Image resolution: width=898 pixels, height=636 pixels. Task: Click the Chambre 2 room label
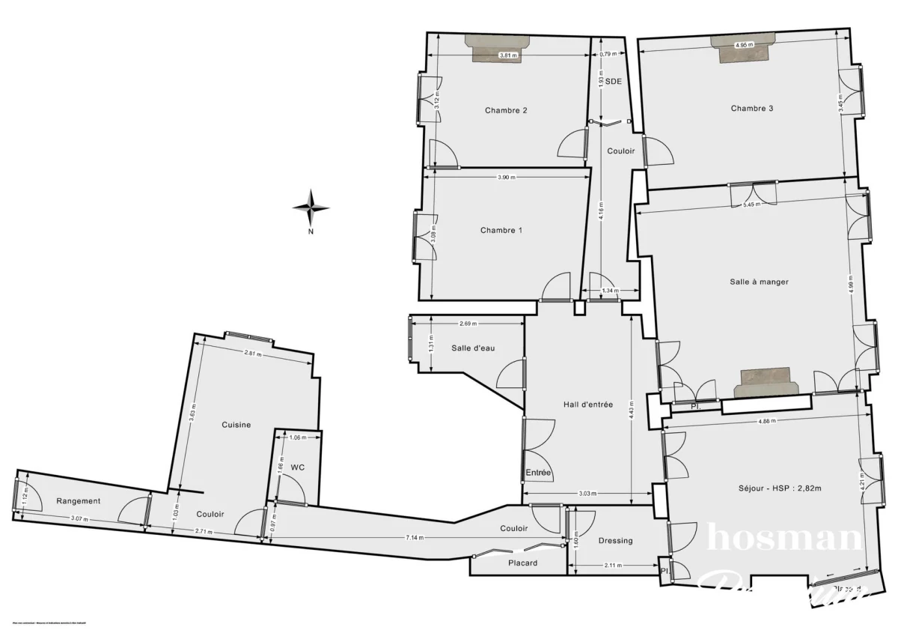point(506,111)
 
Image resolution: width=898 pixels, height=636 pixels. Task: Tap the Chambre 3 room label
point(752,109)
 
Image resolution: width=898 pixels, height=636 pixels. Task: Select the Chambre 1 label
point(501,231)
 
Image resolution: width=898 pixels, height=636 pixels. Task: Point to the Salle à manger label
point(759,282)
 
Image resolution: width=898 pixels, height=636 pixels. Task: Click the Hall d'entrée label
point(587,405)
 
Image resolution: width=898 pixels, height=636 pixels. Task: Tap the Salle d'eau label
point(472,348)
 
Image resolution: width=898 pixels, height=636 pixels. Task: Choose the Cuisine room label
point(236,425)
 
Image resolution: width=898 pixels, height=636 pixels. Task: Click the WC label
point(298,467)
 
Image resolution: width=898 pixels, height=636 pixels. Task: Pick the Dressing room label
point(616,541)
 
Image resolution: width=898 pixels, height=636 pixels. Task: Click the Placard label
point(522,563)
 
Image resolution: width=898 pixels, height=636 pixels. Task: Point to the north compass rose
point(311,207)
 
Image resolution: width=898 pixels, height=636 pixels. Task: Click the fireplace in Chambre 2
point(498,46)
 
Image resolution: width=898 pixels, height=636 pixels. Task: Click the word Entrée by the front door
point(538,473)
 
